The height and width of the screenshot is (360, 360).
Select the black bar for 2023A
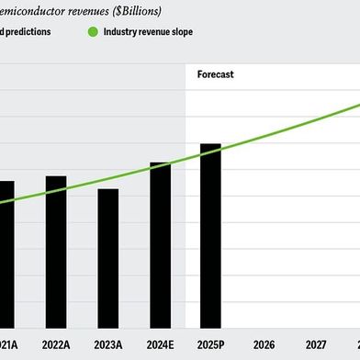108,258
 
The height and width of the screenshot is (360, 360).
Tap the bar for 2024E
160,244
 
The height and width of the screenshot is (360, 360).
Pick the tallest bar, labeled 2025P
210,235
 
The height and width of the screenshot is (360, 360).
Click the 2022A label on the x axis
56,344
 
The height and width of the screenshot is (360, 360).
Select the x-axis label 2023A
108,344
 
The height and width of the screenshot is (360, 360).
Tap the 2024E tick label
160,344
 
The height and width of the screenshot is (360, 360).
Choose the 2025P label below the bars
211,344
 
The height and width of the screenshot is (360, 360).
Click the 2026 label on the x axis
264,344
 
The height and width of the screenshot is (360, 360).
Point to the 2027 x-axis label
316,344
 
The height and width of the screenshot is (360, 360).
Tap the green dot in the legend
92,31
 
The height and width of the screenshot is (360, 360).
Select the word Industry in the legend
122,31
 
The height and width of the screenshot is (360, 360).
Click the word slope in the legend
181,31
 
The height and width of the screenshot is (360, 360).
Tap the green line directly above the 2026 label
264,136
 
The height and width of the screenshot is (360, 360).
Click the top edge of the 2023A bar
108,189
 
